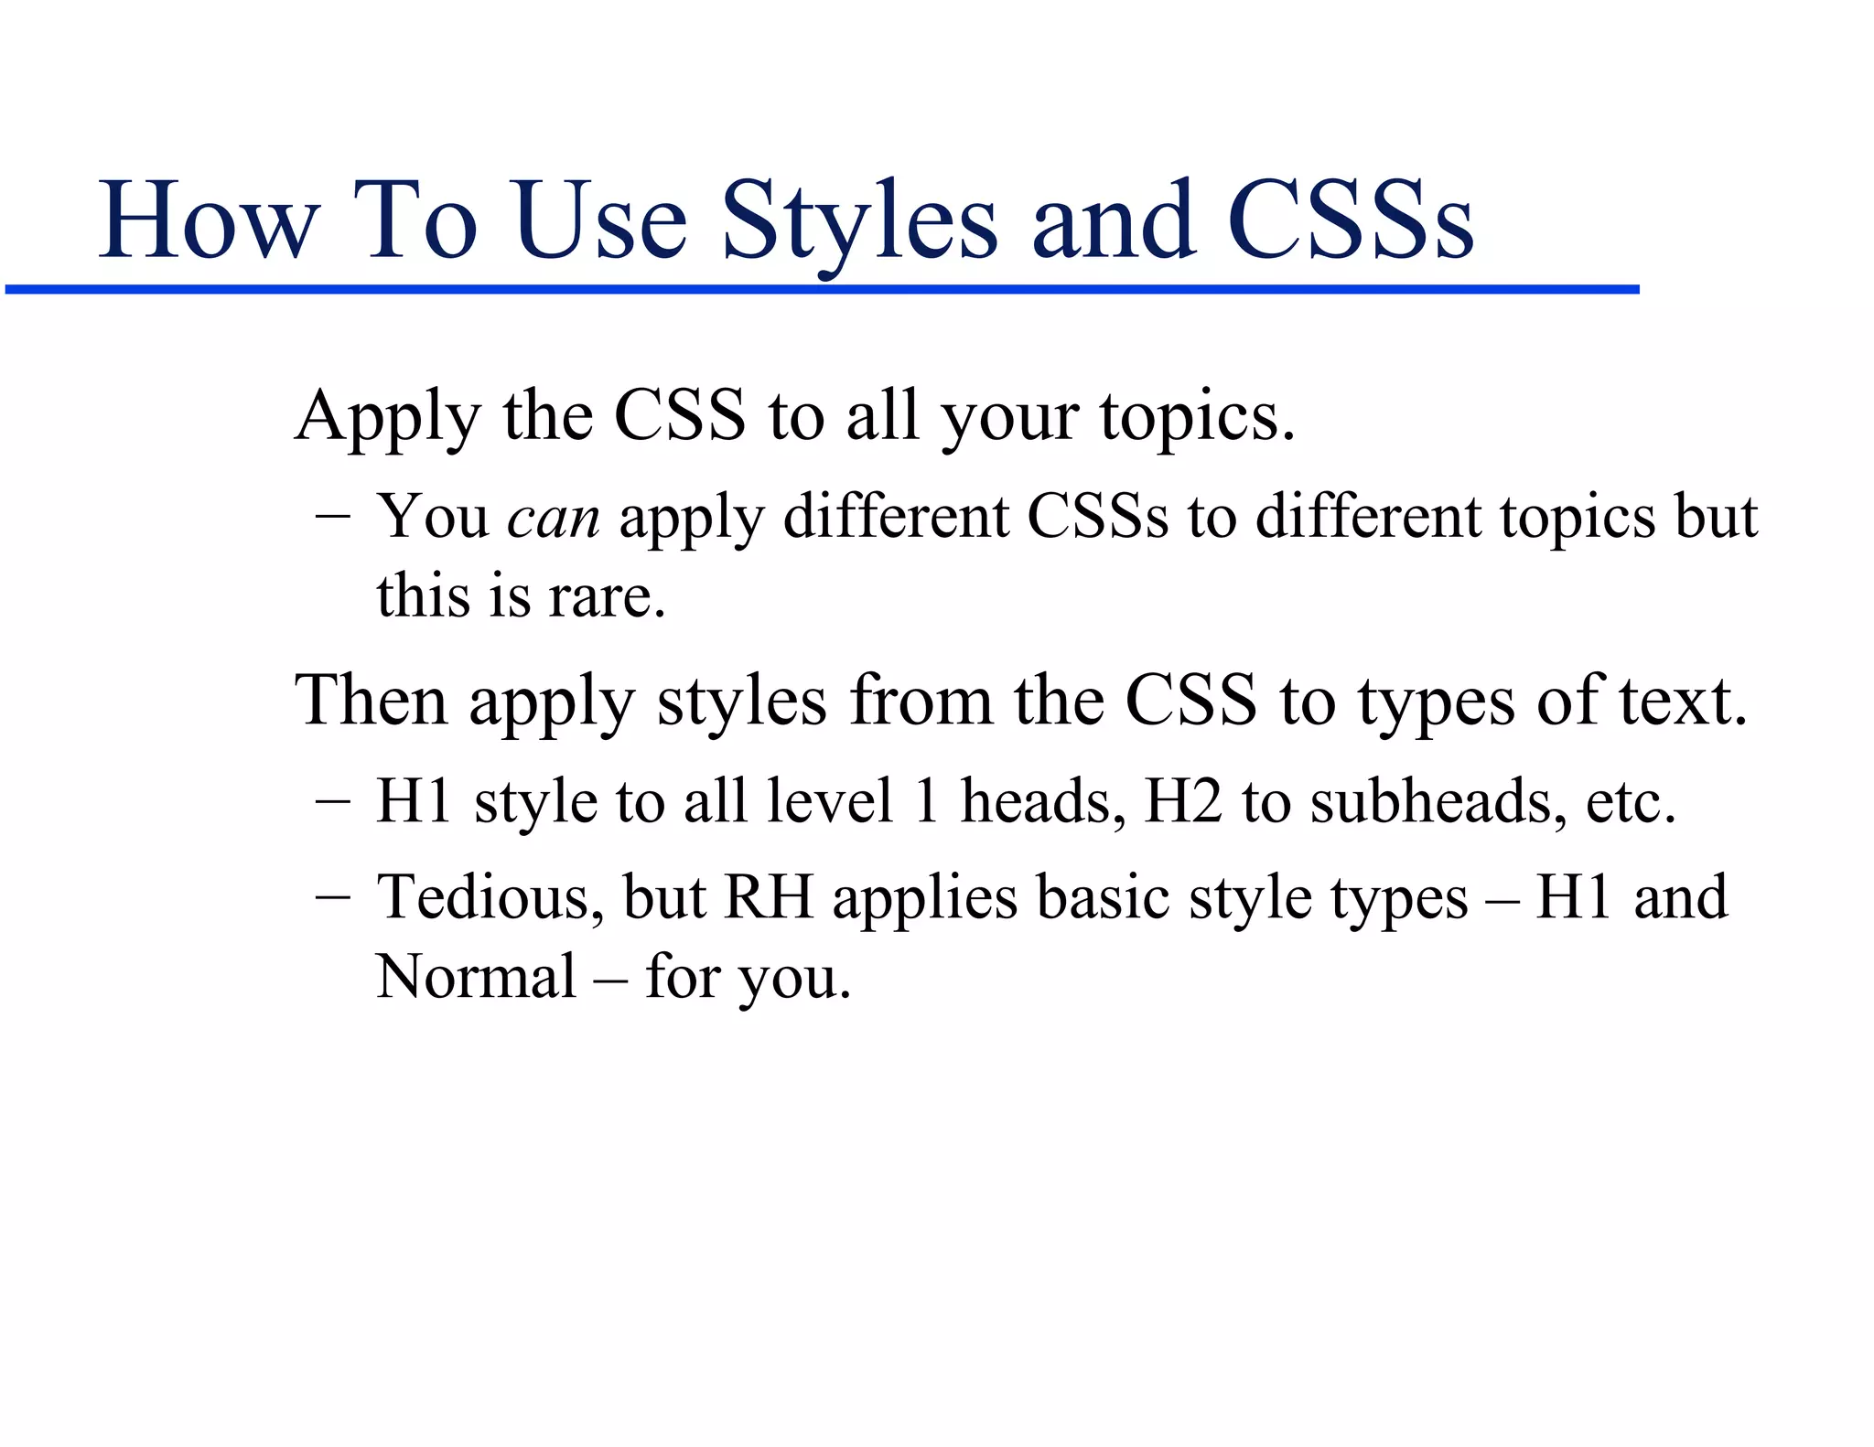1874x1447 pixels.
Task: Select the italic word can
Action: click(x=554, y=517)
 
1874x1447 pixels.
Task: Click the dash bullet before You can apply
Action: click(x=331, y=517)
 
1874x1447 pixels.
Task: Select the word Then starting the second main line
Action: click(x=371, y=701)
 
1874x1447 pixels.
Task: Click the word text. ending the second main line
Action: click(x=1684, y=701)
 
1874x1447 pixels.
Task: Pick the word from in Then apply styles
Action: click(x=920, y=701)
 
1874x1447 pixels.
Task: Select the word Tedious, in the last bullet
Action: click(x=490, y=897)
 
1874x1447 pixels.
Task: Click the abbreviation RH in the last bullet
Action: click(x=769, y=897)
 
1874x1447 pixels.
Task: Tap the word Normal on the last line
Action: click(x=476, y=977)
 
